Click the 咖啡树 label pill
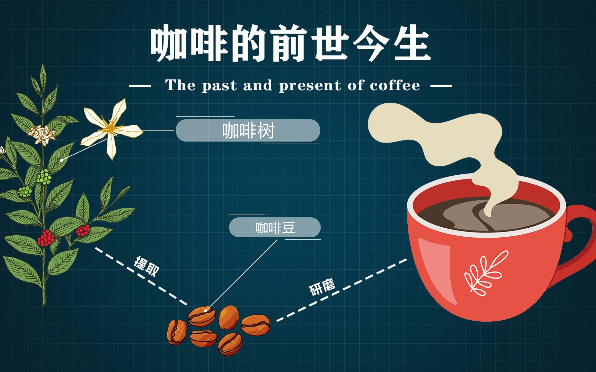click(x=248, y=131)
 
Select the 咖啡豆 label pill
click(x=275, y=227)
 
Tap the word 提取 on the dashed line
click(x=147, y=266)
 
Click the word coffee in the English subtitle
click(x=395, y=85)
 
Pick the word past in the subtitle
click(x=219, y=85)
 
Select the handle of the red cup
click(x=579, y=234)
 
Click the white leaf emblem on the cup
click(x=486, y=273)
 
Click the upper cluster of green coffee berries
click(x=44, y=176)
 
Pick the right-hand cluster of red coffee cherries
click(x=83, y=230)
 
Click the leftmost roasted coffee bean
click(x=177, y=332)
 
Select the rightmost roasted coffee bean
click(x=256, y=324)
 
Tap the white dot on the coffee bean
click(x=206, y=311)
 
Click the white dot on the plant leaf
click(x=62, y=161)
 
